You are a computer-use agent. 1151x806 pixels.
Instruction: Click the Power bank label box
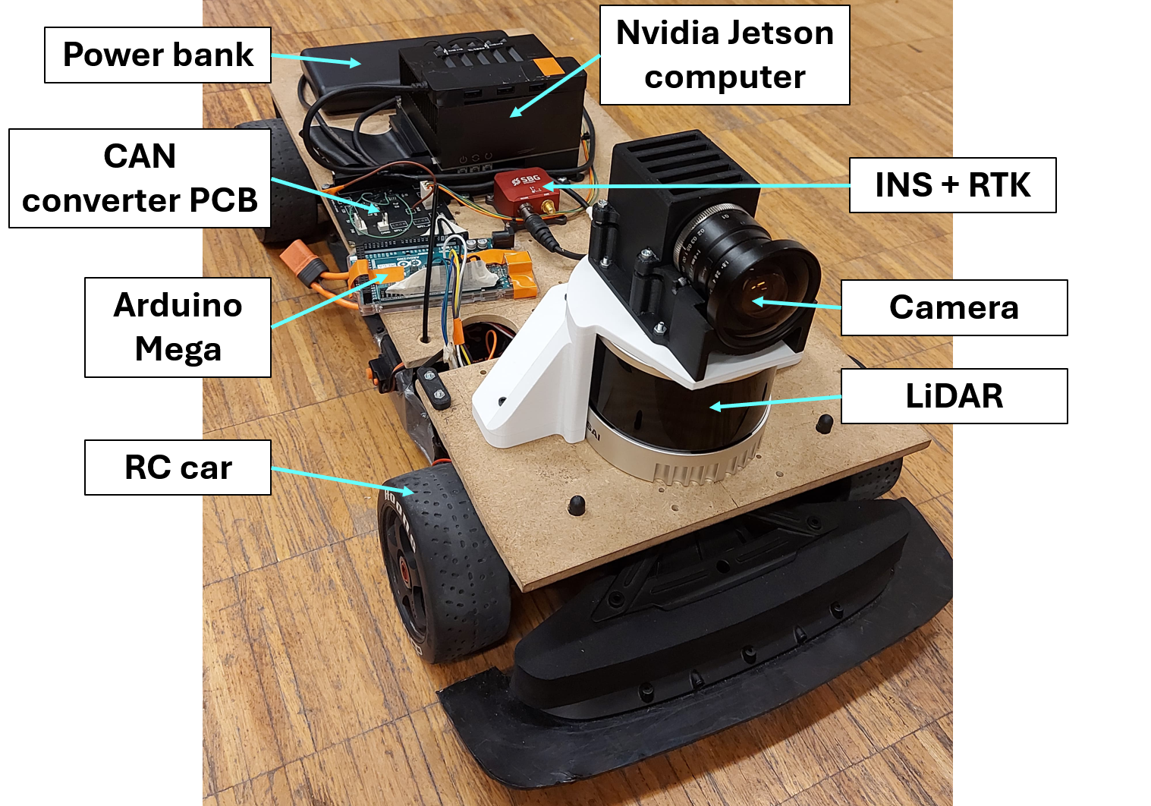(158, 55)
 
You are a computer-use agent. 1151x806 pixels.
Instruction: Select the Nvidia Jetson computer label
(725, 55)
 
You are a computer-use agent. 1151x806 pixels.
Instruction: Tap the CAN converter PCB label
(140, 178)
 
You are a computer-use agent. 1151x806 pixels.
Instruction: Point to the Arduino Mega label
(178, 327)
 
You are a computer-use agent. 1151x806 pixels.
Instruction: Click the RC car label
(178, 468)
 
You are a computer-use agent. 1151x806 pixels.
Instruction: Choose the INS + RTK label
(952, 185)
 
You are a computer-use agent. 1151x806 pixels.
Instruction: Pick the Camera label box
(954, 307)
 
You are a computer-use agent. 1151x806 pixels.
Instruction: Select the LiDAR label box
(954, 396)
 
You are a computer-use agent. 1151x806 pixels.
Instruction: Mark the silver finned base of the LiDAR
(683, 463)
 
